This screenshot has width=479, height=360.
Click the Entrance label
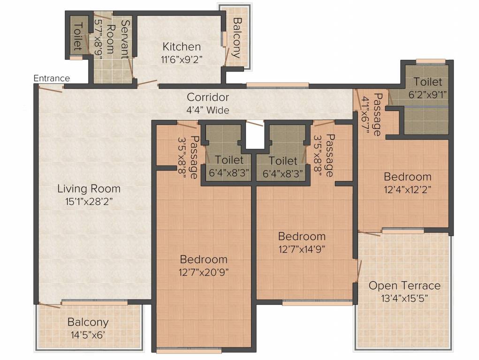click(x=52, y=78)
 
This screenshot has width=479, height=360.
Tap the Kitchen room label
click(x=182, y=47)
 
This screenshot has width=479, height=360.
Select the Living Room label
click(x=89, y=189)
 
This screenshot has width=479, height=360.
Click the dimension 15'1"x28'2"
click(x=89, y=202)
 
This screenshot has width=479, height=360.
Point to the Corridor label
click(x=208, y=97)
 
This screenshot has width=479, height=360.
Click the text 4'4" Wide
click(x=208, y=110)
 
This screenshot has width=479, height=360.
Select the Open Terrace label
click(x=404, y=285)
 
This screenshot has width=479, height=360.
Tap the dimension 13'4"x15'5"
click(x=404, y=298)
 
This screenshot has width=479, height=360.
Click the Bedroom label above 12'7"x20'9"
click(x=204, y=259)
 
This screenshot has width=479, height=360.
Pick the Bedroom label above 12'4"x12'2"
click(x=408, y=177)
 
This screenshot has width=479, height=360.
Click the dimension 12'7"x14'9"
click(x=302, y=249)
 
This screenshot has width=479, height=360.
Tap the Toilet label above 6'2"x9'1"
click(x=428, y=82)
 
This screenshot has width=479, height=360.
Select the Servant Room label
click(x=117, y=39)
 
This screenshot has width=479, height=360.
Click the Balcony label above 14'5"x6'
click(x=88, y=322)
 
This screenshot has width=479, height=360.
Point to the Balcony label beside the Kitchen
click(x=237, y=37)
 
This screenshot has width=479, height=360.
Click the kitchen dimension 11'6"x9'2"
click(x=182, y=59)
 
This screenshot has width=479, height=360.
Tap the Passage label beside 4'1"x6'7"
click(x=378, y=114)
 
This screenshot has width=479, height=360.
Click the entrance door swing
click(x=51, y=88)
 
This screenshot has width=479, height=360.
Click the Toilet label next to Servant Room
click(x=78, y=36)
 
